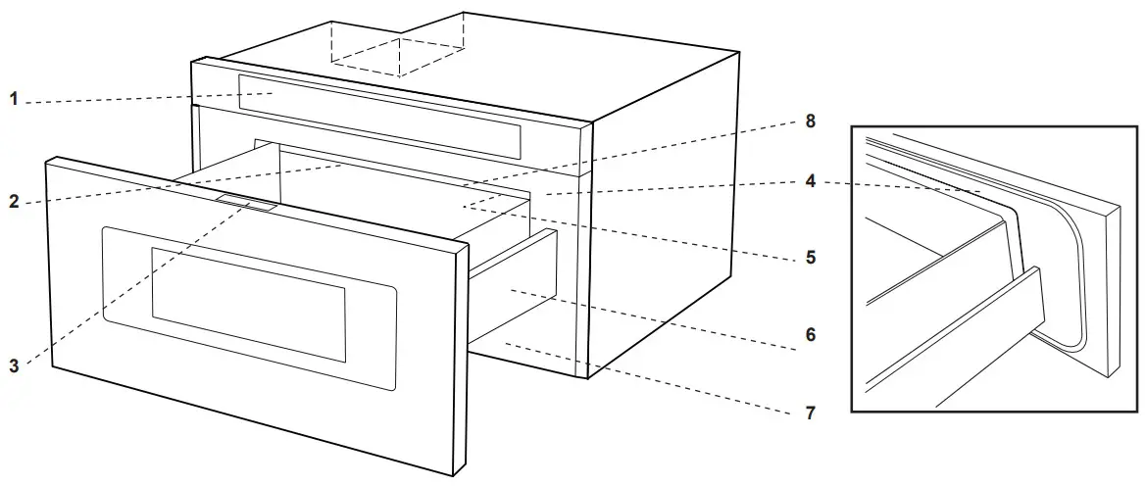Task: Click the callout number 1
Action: [14, 99]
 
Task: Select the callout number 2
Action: [14, 203]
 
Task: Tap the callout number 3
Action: [14, 366]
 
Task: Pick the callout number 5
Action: [811, 259]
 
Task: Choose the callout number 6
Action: [811, 334]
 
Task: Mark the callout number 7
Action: [811, 413]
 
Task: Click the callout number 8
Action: [811, 121]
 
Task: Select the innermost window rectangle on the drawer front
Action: [247, 304]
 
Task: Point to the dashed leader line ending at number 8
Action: [637, 152]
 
